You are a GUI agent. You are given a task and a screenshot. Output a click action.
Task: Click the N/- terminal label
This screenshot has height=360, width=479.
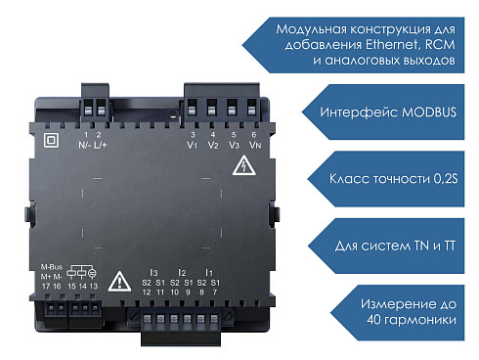click(84, 145)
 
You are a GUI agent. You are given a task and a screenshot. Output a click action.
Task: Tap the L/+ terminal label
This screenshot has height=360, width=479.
click(100, 145)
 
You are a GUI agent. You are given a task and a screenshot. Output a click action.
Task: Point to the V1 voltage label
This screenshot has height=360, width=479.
click(193, 145)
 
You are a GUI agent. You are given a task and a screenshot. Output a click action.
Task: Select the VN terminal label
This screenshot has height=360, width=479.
click(255, 145)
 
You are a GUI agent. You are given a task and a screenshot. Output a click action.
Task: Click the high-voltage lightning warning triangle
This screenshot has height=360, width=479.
click(243, 166)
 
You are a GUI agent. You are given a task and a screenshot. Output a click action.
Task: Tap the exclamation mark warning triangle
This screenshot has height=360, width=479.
click(119, 281)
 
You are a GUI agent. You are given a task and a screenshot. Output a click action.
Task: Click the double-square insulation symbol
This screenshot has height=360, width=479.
click(51, 140)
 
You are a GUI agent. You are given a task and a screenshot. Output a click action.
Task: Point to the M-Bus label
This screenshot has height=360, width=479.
click(52, 267)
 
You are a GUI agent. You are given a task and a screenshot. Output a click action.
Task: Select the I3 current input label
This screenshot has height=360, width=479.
click(153, 272)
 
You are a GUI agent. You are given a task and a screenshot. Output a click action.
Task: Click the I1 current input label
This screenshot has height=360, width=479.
click(209, 272)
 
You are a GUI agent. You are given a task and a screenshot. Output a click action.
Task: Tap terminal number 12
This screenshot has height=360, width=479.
click(147, 292)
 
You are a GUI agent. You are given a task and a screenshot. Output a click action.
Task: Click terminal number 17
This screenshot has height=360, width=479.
click(46, 287)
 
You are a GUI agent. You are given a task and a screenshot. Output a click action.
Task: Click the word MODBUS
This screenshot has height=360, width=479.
click(429, 112)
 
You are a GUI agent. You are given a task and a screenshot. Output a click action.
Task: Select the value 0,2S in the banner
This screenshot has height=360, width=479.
click(446, 179)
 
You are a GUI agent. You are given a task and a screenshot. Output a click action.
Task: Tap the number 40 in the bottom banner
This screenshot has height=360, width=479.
click(373, 319)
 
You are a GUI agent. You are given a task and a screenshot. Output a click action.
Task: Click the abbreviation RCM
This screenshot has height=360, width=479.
click(440, 44)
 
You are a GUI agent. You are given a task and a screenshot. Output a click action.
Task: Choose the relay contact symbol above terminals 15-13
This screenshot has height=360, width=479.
click(81, 272)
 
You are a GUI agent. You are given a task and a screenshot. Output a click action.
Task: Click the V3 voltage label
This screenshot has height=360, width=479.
click(234, 145)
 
